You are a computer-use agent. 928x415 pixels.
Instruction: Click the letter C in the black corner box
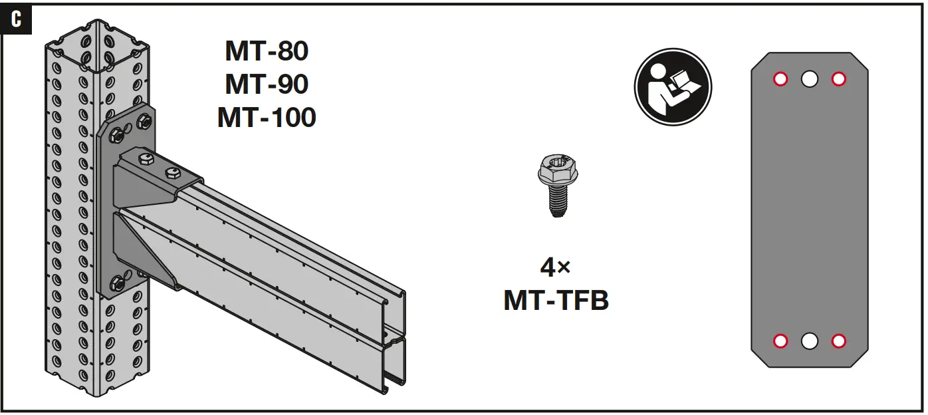tap(17, 19)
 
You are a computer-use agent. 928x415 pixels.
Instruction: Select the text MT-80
tap(267, 51)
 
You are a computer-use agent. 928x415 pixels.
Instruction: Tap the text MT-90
tap(267, 84)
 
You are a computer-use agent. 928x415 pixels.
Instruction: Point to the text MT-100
tap(267, 118)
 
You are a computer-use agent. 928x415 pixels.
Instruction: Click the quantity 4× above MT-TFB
tap(556, 267)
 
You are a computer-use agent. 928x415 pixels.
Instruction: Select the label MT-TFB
tap(556, 301)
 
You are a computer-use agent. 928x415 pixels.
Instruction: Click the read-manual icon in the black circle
tap(673, 87)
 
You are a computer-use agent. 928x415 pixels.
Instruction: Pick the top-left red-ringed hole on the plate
tap(780, 79)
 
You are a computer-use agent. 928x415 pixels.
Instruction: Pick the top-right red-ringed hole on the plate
tap(838, 79)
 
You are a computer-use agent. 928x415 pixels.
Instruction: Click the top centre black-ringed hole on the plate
tap(809, 79)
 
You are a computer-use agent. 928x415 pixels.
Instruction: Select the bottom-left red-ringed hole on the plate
tap(780, 341)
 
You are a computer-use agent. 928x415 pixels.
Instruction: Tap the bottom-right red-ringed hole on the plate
tap(838, 341)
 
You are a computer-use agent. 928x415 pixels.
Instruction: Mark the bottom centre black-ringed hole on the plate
tap(809, 341)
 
